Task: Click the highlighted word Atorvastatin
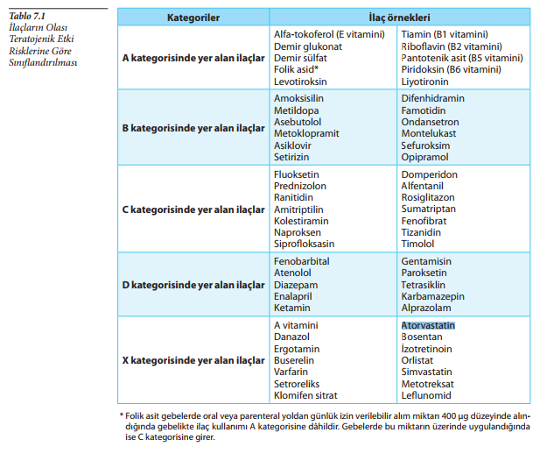[x=428, y=325]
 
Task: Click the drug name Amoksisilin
[x=300, y=98]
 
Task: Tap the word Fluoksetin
[x=298, y=174]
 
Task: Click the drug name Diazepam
[x=297, y=285]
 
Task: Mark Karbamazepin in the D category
[x=432, y=296]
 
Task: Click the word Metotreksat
[x=429, y=383]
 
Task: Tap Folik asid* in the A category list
[x=296, y=68]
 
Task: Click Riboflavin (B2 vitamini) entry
[x=452, y=46]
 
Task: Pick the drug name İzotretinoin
[x=427, y=349]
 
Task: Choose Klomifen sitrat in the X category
[x=305, y=395]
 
